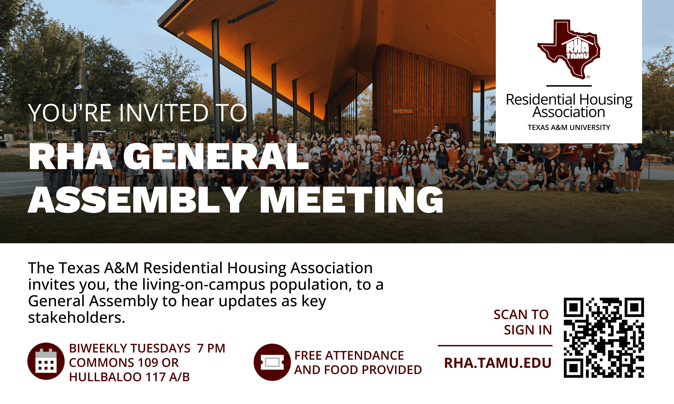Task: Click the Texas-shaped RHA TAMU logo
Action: coord(569,49)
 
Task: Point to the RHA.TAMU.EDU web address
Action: coord(498,363)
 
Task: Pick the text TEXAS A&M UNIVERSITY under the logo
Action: coord(569,127)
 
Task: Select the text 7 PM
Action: coord(211,348)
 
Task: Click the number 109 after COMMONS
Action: coord(148,363)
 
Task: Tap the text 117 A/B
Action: coord(168,377)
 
